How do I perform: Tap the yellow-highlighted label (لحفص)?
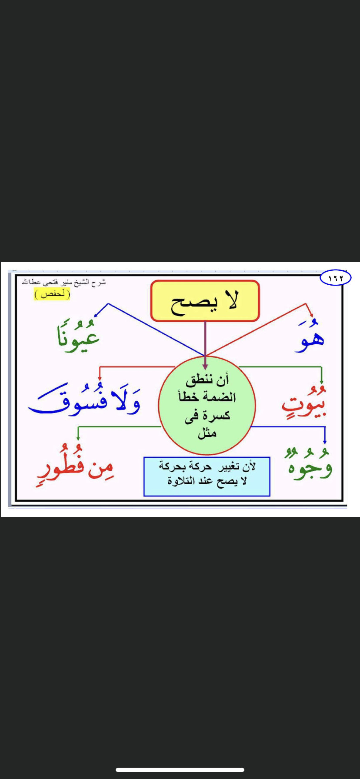pyautogui.click(x=52, y=294)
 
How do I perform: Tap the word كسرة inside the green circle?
pyautogui.click(x=217, y=416)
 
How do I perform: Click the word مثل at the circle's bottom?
pyautogui.click(x=207, y=433)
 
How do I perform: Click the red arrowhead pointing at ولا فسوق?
pyautogui.click(x=100, y=377)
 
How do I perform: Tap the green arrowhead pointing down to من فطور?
pyautogui.click(x=78, y=438)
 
